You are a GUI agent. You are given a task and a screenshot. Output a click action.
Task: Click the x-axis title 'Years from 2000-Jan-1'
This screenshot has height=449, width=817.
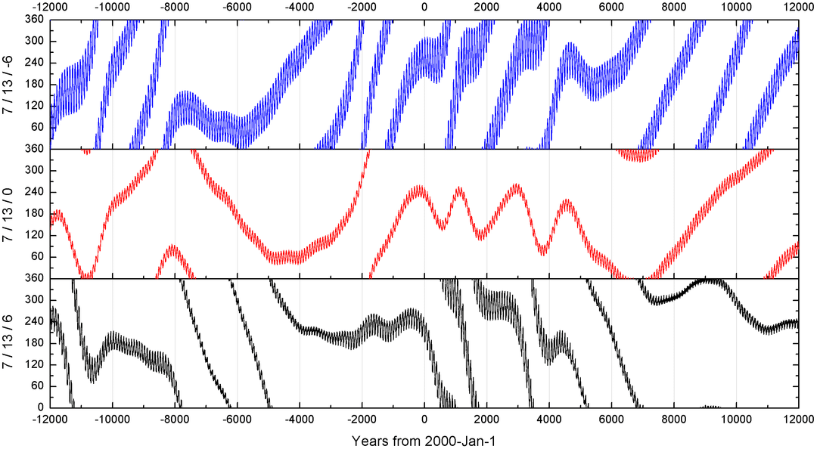click(424, 439)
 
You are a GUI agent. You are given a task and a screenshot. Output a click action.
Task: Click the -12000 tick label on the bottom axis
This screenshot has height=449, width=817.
click(51, 419)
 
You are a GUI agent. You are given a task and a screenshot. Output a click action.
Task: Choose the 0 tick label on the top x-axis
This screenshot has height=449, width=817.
click(424, 7)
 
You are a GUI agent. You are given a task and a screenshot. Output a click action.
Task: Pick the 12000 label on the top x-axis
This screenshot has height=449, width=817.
click(798, 7)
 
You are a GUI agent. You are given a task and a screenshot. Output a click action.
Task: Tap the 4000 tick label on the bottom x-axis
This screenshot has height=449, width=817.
click(549, 419)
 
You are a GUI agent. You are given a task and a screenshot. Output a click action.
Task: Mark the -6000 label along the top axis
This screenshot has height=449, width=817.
click(238, 7)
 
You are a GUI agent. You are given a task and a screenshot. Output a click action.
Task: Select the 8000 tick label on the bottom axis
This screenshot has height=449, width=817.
click(673, 419)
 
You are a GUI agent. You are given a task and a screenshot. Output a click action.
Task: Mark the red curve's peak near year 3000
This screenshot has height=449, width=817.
click(517, 186)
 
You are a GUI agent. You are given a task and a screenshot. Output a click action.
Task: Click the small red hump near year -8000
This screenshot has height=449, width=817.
click(173, 247)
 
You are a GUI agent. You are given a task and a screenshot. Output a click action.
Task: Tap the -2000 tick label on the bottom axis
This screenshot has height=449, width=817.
click(362, 419)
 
